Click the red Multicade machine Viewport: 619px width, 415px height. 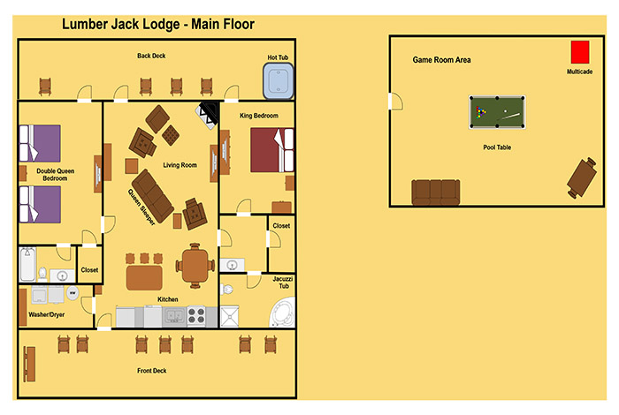(580, 52)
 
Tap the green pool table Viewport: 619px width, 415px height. (497, 112)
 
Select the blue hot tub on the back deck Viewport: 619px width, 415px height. (279, 81)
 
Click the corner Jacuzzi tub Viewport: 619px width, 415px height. (283, 313)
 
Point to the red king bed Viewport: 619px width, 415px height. (272, 150)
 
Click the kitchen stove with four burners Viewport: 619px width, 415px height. (196, 316)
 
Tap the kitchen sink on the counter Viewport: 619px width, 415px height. (174, 316)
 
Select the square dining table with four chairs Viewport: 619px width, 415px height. (195, 266)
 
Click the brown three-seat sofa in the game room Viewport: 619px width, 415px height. (436, 192)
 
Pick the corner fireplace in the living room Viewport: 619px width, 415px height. (208, 115)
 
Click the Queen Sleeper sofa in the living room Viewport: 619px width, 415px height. (152, 196)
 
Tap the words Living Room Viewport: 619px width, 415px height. (180, 165)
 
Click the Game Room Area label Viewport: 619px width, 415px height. (442, 60)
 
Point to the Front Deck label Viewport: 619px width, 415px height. (151, 371)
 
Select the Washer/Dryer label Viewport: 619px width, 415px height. (47, 314)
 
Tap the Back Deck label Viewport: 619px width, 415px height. (151, 56)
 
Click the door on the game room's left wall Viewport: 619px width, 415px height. (396, 102)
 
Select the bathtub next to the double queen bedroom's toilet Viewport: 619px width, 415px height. (27, 264)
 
